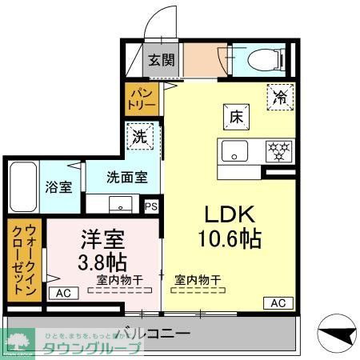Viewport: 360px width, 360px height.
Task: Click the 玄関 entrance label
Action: [x=161, y=59]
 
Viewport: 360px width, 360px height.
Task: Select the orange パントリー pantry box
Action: [x=136, y=99]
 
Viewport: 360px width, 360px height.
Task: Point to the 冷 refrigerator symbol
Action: [x=280, y=97]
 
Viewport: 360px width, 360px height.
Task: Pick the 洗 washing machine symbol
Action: [x=139, y=136]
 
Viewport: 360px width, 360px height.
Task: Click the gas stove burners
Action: [x=277, y=149]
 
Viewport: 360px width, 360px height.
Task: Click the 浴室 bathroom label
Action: [x=58, y=188]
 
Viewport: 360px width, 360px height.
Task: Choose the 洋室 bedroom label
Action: [x=100, y=238]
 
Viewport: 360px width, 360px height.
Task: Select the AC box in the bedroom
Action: [x=63, y=294]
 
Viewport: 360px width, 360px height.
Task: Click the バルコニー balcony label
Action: [x=151, y=332]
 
